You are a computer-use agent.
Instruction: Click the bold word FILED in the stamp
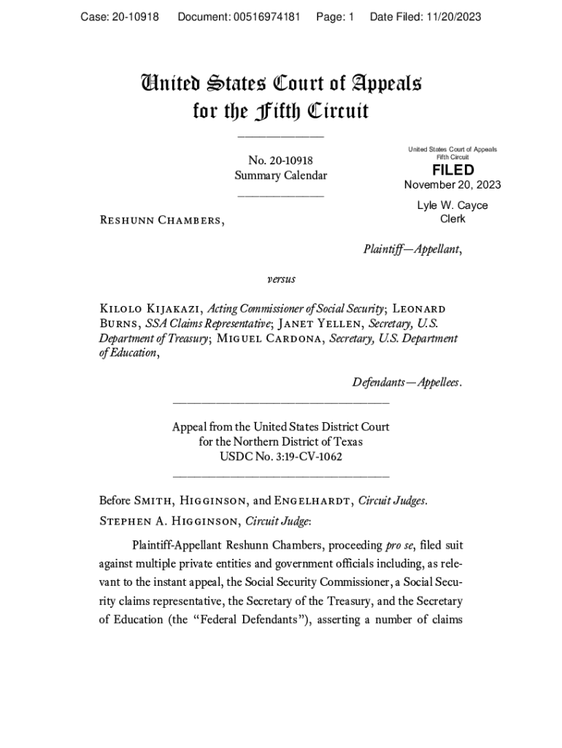[x=453, y=170]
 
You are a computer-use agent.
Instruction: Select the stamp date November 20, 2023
[x=453, y=185]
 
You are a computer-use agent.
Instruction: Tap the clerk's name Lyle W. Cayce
[x=453, y=205]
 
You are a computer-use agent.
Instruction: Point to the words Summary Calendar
[x=281, y=175]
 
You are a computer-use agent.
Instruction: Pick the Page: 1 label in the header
[x=335, y=17]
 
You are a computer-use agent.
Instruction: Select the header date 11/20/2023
[x=454, y=17]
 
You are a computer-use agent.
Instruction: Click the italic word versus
[x=281, y=279]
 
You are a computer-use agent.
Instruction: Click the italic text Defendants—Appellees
[x=407, y=383]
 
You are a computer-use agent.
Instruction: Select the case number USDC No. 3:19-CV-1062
[x=281, y=457]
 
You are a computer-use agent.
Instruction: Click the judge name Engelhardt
[x=315, y=501]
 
